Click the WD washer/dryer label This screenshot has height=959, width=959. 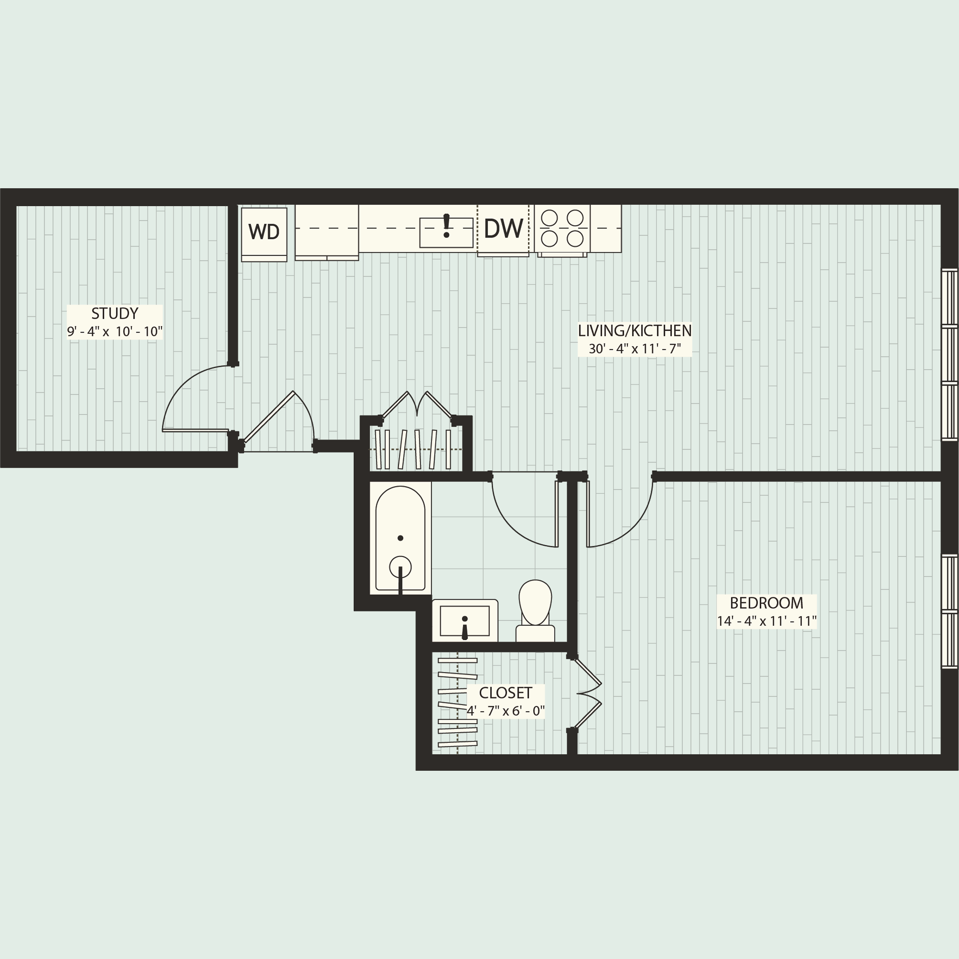(264, 231)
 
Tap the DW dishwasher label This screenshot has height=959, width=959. (503, 229)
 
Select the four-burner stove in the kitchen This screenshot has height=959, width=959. (562, 228)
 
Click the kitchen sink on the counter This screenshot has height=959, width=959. (446, 232)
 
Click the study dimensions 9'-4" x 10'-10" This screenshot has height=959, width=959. (115, 332)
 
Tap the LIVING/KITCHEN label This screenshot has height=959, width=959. (634, 331)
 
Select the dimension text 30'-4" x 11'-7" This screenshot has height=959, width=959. (634, 349)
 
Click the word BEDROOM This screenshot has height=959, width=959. (766, 603)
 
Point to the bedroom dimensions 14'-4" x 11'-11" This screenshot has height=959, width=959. (766, 622)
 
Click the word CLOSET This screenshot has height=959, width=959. (505, 693)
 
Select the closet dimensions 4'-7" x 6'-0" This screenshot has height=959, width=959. (505, 711)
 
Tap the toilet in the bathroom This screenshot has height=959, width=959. (535, 610)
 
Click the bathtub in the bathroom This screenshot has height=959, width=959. (400, 538)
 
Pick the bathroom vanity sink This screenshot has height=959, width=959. (464, 621)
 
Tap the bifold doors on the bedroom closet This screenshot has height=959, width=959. (588, 693)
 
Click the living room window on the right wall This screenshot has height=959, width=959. (949, 354)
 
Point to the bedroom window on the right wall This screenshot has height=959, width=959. (949, 611)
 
